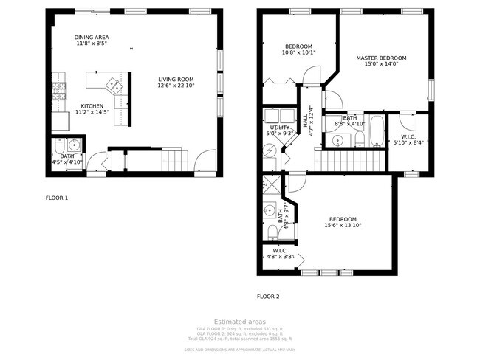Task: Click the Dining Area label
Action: (92, 40)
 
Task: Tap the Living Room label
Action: (175, 83)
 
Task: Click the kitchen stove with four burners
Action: (59, 91)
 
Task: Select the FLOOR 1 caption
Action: (57, 198)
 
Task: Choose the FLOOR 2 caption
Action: (268, 297)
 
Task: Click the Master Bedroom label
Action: (380, 60)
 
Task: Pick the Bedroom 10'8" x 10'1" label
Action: (298, 49)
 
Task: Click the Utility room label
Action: (278, 130)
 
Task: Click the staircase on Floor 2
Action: (351, 159)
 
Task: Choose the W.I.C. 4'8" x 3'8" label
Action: (280, 254)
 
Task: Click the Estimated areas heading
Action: (239, 321)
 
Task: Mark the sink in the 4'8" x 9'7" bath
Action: (270, 212)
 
